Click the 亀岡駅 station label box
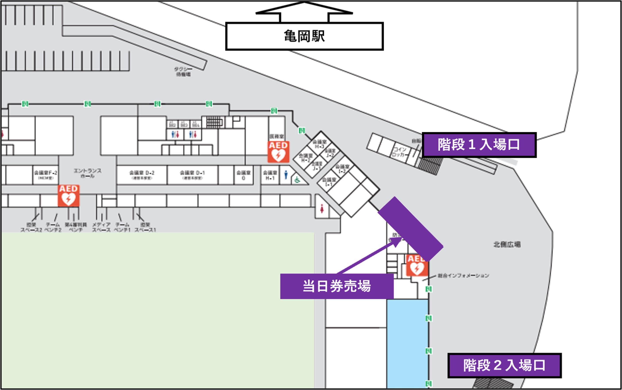(304, 36)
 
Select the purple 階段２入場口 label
(504, 365)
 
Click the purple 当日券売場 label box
(337, 286)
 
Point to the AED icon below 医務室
(278, 152)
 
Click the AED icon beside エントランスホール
(68, 196)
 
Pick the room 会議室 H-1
(270, 175)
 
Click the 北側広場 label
(507, 244)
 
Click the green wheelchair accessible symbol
(297, 180)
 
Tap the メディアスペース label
(101, 227)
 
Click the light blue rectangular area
(407, 343)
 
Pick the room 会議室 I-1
(329, 182)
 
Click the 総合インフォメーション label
(463, 276)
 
